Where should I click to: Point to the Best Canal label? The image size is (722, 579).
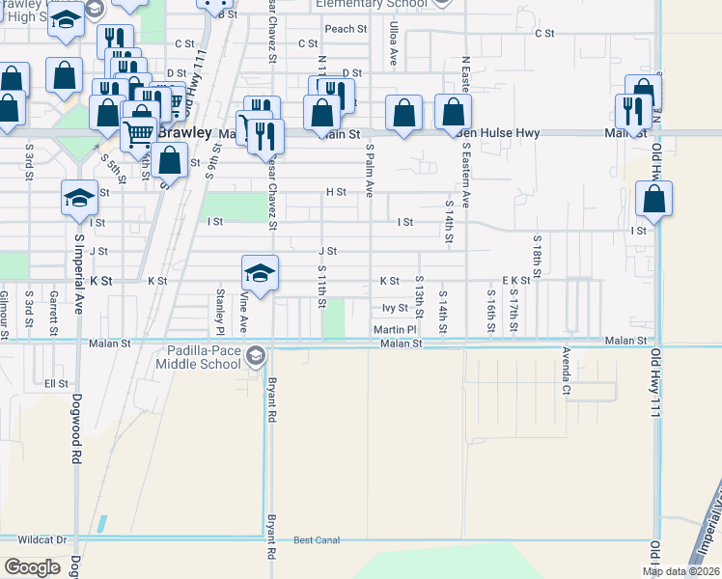(317, 540)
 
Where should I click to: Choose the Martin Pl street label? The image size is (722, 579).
(395, 329)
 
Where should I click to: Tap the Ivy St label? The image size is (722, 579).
(396, 308)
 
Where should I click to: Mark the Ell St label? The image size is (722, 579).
(56, 383)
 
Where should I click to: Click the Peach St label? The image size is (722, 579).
(346, 29)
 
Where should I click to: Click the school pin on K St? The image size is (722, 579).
(261, 272)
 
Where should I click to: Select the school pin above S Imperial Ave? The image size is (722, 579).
(80, 197)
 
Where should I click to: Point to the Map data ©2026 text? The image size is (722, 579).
(680, 571)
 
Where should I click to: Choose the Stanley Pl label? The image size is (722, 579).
(220, 308)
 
